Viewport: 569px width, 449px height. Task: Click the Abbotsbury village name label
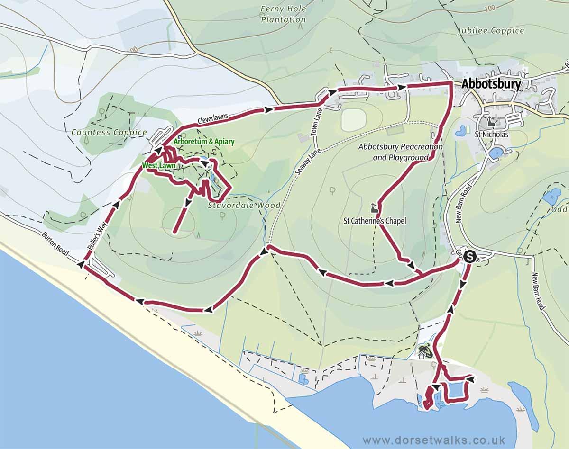[491, 84]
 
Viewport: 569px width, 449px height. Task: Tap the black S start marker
[469, 257]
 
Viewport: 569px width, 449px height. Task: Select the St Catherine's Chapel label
[375, 221]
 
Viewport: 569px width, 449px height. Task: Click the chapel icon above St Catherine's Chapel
[374, 207]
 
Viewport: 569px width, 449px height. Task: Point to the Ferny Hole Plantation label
[284, 14]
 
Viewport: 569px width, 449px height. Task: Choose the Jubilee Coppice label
[491, 31]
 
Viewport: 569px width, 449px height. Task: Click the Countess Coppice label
[109, 133]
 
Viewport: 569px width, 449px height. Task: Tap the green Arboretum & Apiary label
[204, 142]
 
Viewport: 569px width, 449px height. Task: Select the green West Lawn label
[157, 166]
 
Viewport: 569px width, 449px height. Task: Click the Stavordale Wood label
[244, 206]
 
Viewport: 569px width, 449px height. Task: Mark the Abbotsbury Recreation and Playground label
[400, 152]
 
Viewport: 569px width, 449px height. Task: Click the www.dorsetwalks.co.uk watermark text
[433, 440]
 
